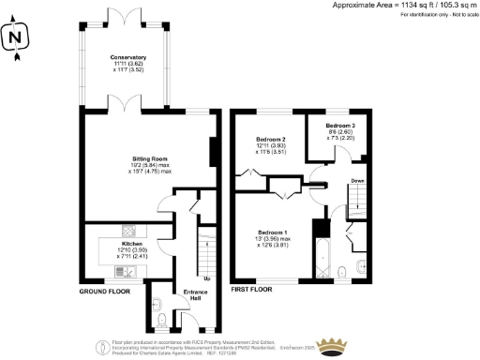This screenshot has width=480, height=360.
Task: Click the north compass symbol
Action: point(14,38)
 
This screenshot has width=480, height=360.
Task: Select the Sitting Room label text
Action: point(151,165)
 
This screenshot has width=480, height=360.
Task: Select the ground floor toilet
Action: point(162,320)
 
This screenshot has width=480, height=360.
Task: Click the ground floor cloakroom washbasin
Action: point(156,302)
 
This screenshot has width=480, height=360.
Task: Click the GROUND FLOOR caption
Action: point(104,291)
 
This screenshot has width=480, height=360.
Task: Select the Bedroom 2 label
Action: point(270,145)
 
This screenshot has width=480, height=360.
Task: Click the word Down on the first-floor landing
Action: point(358,181)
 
